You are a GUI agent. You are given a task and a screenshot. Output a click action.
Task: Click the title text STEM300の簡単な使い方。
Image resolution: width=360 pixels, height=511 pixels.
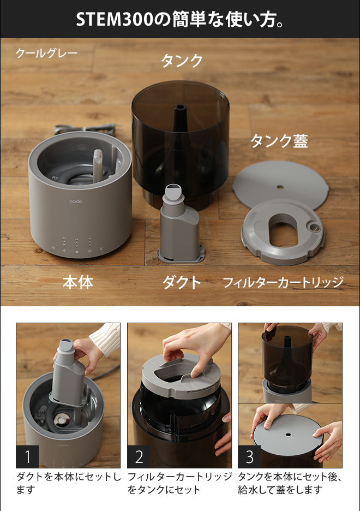tap(180, 19)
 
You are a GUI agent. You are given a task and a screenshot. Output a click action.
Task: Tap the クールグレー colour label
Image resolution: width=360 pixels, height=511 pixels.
tap(46, 54)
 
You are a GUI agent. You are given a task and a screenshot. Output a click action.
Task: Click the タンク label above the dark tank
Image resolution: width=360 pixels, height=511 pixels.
tap(182, 61)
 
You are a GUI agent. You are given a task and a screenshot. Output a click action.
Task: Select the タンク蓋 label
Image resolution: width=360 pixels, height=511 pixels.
tap(279, 141)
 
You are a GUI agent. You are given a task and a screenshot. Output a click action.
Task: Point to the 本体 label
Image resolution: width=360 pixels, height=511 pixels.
tap(77, 282)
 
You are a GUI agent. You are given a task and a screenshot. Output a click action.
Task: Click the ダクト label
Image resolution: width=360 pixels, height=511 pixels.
tap(182, 282)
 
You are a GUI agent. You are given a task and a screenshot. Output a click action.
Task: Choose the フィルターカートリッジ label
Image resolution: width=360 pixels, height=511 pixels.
tap(283, 282)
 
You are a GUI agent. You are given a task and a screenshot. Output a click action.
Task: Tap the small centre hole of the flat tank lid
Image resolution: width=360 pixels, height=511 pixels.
tap(280, 187)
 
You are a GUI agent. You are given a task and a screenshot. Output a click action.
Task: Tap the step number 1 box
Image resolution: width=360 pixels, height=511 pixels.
tap(28, 456)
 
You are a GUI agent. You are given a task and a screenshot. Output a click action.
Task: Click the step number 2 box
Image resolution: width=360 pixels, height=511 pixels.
tap(139, 456)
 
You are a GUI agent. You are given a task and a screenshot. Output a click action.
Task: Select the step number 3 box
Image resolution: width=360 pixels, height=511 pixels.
tap(250, 456)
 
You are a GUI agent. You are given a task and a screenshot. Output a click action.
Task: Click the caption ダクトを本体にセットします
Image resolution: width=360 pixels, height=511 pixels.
tap(68, 483)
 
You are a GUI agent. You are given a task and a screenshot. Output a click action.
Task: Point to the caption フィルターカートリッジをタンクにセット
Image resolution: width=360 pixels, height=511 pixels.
tap(179, 483)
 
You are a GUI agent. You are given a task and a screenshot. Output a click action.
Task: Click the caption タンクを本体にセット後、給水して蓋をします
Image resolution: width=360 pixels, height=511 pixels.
tap(290, 483)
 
